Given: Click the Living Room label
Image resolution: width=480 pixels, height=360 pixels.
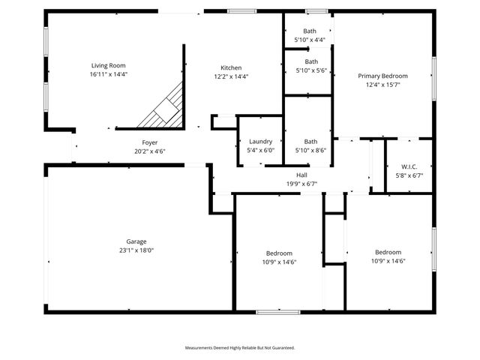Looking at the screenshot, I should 109,66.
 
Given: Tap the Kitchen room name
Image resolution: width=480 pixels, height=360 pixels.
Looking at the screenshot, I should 230,67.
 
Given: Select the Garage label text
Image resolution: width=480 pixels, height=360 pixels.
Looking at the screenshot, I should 136,241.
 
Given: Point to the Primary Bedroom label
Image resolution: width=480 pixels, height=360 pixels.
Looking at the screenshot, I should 382,76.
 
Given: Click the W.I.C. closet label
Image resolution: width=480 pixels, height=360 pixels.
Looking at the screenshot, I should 409,166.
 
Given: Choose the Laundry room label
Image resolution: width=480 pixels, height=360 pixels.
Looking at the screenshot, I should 260,141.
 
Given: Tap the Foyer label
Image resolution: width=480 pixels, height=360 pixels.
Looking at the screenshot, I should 150,142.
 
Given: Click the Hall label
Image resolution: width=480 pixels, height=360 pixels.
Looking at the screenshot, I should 301,174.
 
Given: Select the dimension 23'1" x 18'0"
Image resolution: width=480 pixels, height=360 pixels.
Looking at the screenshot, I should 136,250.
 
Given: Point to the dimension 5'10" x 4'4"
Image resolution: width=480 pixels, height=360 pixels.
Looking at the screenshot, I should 310,40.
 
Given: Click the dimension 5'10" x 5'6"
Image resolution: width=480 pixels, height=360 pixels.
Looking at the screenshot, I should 310,70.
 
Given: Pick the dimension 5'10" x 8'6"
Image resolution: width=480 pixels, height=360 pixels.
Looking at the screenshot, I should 310,150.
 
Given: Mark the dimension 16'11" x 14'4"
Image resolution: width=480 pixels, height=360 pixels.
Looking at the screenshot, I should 109,75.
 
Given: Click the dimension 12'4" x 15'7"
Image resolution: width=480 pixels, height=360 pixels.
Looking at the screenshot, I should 382,85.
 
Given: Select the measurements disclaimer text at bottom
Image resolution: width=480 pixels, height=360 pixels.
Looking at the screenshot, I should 240,347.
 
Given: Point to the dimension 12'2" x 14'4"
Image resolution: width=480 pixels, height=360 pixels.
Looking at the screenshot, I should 230,76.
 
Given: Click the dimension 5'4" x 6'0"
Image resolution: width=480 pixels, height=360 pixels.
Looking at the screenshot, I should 260,150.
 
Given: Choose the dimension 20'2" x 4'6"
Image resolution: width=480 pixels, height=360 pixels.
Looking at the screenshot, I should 150,151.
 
